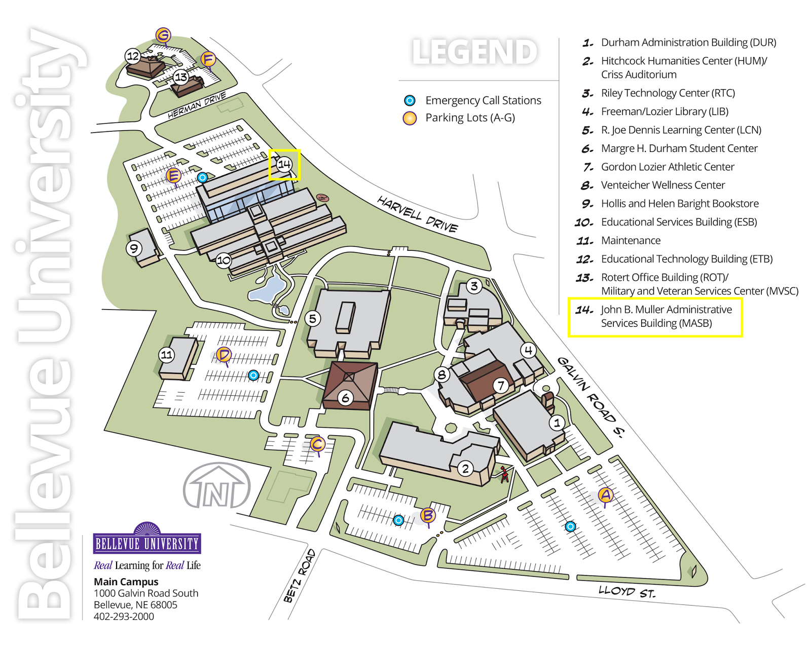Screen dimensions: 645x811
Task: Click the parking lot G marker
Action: click(x=163, y=35)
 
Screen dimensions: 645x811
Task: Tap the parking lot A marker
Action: click(x=605, y=495)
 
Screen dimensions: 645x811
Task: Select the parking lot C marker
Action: click(x=317, y=444)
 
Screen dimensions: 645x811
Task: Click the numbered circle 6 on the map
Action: click(x=346, y=398)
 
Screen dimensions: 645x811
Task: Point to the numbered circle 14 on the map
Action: click(x=284, y=164)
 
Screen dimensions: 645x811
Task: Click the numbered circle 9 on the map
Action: click(x=134, y=248)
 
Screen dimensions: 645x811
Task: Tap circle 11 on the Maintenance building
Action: click(x=167, y=355)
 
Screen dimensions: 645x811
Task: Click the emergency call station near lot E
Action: click(x=203, y=177)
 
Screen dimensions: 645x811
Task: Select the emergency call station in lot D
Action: click(x=253, y=375)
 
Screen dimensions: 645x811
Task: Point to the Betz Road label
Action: click(x=300, y=576)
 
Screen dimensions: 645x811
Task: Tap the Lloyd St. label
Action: click(x=626, y=591)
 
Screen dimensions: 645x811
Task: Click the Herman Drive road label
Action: click(x=197, y=105)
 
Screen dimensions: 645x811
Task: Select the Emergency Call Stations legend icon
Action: click(x=410, y=100)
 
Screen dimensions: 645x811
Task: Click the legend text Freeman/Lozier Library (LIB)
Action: click(x=664, y=111)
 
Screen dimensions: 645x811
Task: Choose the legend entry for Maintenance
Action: click(x=631, y=241)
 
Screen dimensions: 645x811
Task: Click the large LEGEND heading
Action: click(x=474, y=52)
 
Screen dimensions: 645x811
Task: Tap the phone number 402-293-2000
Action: click(x=124, y=617)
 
